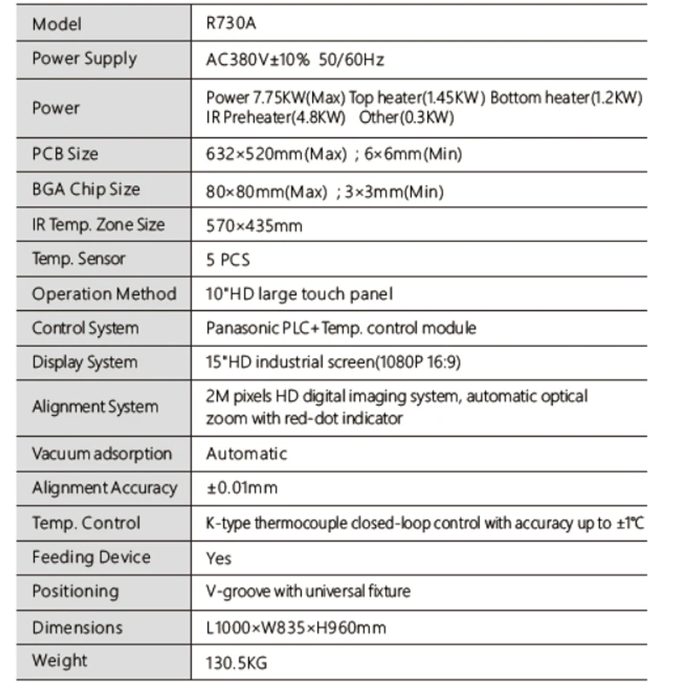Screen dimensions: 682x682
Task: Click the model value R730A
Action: click(231, 24)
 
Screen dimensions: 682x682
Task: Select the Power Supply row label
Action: click(84, 59)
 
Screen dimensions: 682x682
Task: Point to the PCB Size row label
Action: click(65, 154)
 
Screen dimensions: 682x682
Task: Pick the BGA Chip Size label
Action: click(85, 189)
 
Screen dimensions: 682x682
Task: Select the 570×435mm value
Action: click(254, 226)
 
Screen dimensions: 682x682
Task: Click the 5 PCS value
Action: click(228, 260)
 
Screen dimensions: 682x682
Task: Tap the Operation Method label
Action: click(104, 294)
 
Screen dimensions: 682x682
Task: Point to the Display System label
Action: click(84, 362)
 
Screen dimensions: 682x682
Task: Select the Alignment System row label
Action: click(95, 407)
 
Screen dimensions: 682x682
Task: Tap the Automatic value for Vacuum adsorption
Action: click(246, 454)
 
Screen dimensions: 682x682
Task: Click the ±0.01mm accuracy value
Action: click(242, 488)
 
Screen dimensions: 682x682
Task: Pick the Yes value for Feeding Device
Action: click(219, 558)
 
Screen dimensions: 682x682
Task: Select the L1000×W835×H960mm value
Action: click(296, 628)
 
